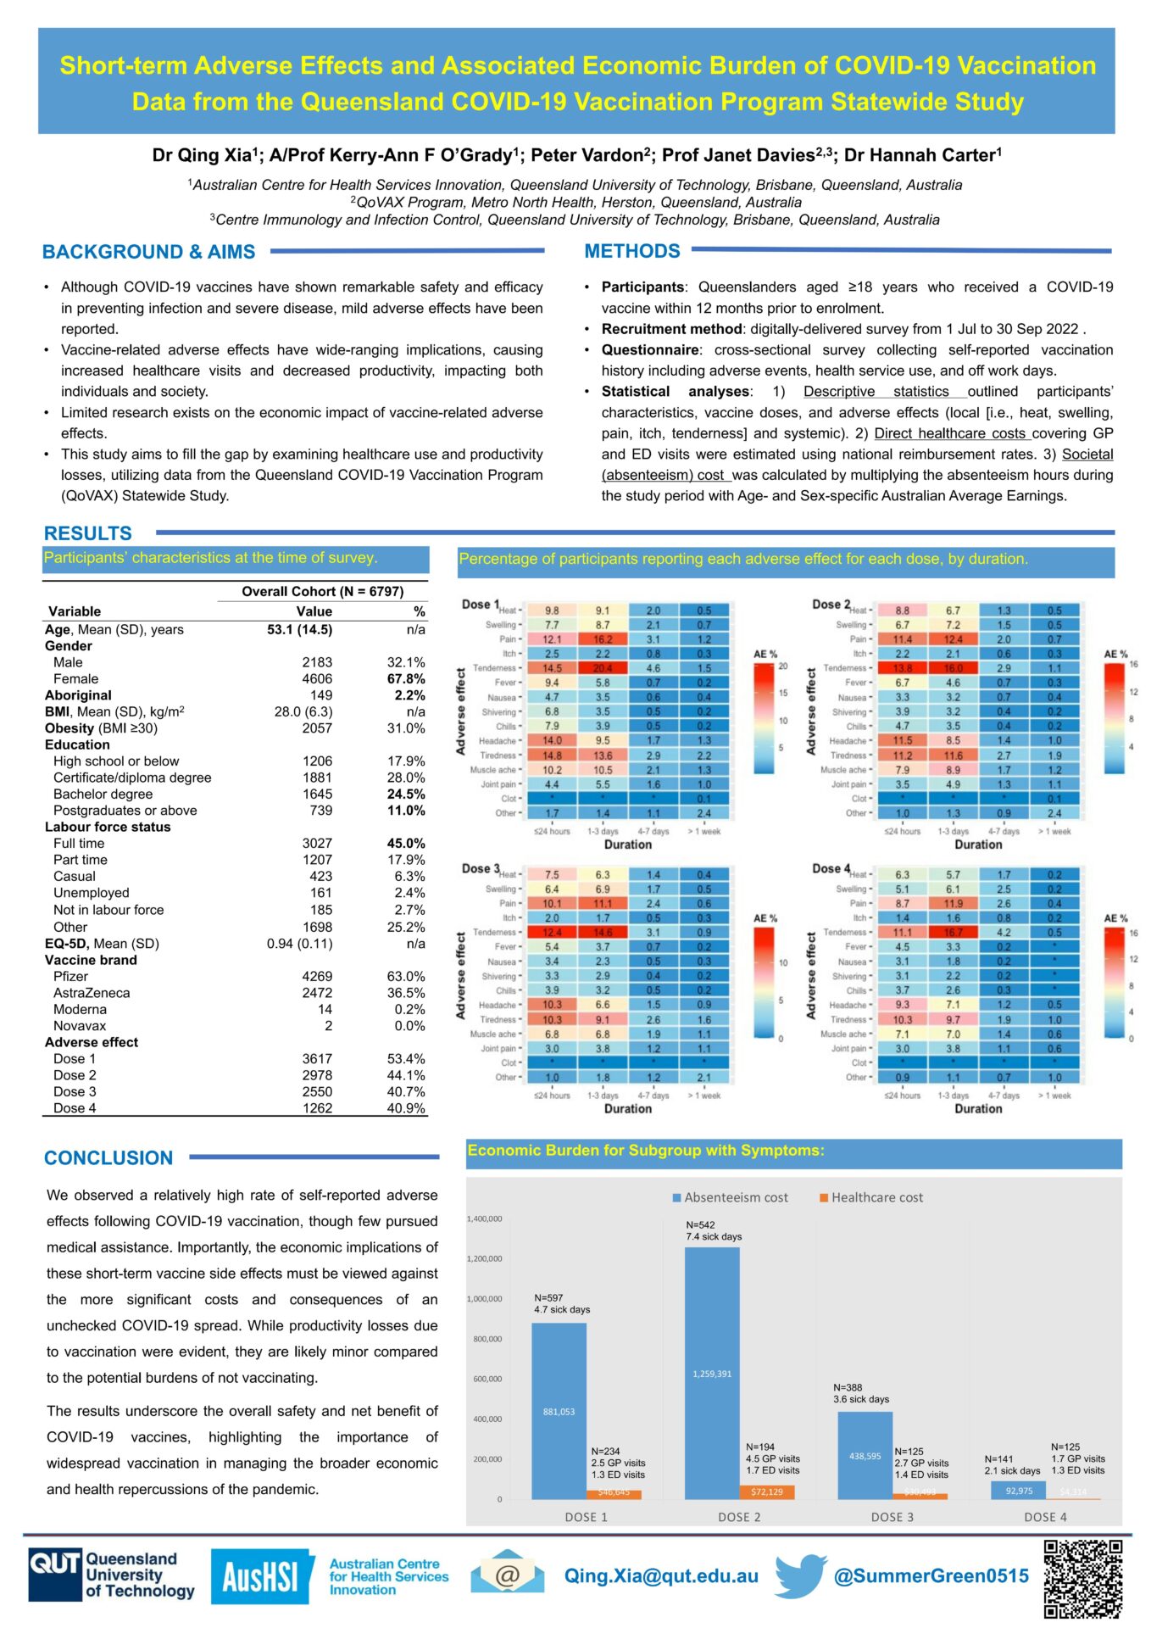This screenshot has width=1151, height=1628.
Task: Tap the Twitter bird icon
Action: (800, 1575)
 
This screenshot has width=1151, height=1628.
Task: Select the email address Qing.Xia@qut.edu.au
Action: (661, 1575)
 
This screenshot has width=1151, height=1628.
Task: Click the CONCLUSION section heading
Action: (108, 1157)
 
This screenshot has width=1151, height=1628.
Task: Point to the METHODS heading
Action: (632, 251)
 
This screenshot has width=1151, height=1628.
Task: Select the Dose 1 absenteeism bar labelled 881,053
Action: (559, 1411)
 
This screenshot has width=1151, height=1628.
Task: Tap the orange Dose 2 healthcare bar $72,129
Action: (767, 1491)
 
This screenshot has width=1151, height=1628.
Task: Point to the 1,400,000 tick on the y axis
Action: (484, 1218)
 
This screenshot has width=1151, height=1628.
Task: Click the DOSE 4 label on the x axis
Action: (1045, 1517)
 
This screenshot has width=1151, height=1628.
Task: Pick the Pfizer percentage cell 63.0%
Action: (406, 976)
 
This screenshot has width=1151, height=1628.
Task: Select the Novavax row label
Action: (80, 1025)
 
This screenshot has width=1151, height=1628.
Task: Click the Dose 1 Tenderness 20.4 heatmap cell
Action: (603, 668)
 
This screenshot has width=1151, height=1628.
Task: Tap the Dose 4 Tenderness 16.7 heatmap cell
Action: (953, 932)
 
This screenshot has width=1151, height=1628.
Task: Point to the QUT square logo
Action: (55, 1576)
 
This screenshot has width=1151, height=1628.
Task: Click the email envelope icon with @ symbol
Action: (508, 1575)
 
